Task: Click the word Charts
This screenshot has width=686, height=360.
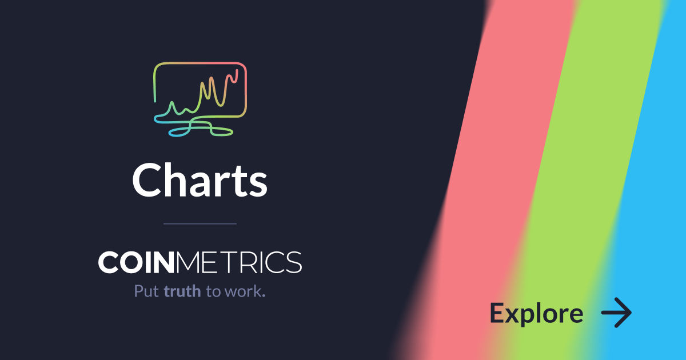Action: click(x=200, y=180)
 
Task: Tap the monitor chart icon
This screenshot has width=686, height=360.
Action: click(x=200, y=99)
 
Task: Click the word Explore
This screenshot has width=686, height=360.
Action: click(x=537, y=314)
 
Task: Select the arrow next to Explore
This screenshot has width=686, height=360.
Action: click(x=616, y=313)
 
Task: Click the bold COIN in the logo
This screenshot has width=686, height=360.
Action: click(x=136, y=262)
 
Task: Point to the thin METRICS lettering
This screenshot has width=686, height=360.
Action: click(x=238, y=262)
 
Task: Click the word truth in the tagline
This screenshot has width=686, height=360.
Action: click(x=182, y=291)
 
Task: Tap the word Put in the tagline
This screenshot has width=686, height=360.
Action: click(x=146, y=291)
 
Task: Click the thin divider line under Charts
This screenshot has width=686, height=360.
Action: click(x=200, y=224)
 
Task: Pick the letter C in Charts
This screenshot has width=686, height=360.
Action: click(x=147, y=180)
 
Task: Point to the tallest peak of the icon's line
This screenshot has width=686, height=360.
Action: click(x=237, y=70)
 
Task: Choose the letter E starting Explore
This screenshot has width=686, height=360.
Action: click(x=497, y=313)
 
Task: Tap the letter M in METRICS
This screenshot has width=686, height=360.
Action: click(x=187, y=262)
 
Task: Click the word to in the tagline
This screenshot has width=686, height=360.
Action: click(x=213, y=291)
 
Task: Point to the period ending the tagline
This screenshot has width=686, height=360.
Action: click(x=264, y=296)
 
